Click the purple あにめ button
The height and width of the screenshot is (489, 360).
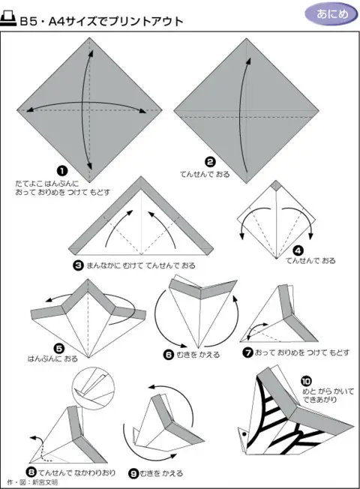[331, 14]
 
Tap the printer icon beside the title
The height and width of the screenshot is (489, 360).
[8, 19]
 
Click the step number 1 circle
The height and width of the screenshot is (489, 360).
[62, 171]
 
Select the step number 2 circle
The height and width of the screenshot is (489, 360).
[210, 162]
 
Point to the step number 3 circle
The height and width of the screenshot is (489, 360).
[78, 265]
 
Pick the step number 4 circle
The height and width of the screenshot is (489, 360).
[298, 250]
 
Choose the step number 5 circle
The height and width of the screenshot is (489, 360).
[59, 349]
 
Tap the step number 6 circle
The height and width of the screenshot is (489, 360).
[169, 355]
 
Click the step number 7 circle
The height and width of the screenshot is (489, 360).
[247, 352]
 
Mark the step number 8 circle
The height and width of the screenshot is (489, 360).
[31, 472]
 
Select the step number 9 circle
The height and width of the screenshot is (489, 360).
[133, 474]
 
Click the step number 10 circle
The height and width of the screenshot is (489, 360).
[306, 381]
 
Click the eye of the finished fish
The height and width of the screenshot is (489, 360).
[244, 433]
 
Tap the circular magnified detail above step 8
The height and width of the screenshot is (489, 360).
[92, 388]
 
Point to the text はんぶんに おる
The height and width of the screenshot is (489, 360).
[52, 358]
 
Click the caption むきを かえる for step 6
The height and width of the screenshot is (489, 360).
[198, 355]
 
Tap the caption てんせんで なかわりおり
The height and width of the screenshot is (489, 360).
[76, 472]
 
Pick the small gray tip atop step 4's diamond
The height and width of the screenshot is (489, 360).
[276, 185]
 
